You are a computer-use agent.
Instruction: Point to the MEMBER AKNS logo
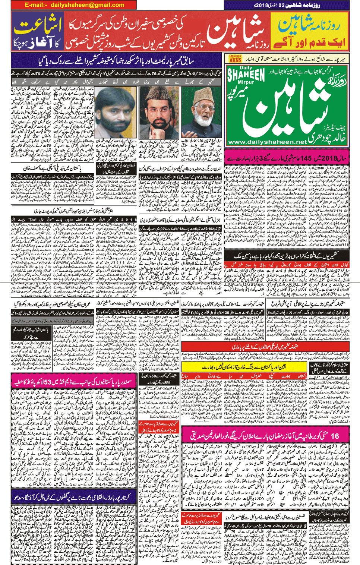pyautogui.click(x=235, y=59)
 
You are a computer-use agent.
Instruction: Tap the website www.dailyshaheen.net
pyautogui.click(x=267, y=142)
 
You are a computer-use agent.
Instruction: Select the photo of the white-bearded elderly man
pyautogui.click(x=201, y=113)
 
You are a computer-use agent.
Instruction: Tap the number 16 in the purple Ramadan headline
pyautogui.click(x=335, y=435)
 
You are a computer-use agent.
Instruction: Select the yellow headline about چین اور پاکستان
pyautogui.click(x=245, y=367)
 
